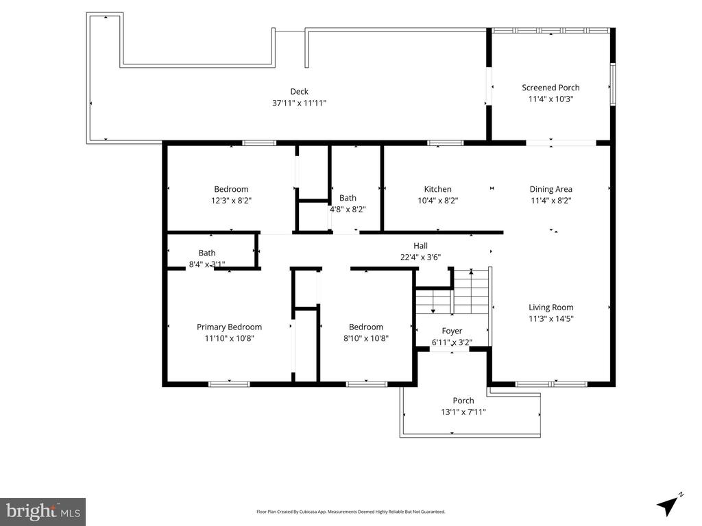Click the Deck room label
coord(299,91)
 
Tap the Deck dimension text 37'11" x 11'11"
coord(299,103)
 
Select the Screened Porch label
coord(550,87)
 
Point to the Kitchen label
coord(437,189)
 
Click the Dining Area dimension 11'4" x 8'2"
coord(550,201)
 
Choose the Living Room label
coord(550,308)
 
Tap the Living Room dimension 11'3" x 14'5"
coord(550,318)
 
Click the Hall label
coord(420,246)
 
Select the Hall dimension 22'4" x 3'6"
coord(420,258)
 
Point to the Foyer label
coord(452,331)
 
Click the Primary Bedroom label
coord(229,327)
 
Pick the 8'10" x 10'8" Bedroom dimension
coord(365,338)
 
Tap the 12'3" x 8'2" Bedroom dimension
coord(231,201)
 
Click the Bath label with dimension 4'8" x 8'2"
coord(348,198)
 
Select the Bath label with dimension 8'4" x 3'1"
coord(206,253)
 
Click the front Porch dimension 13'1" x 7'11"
coord(463,412)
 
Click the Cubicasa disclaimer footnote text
coord(350,512)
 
